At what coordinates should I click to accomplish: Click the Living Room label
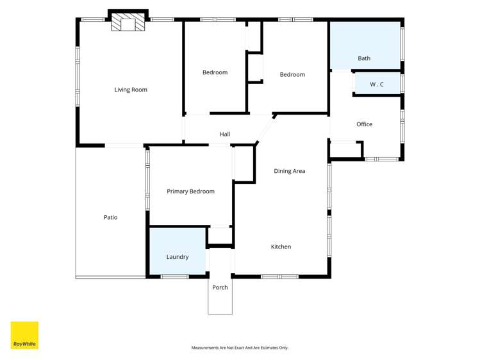pos(131,90)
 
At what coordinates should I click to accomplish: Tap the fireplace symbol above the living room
pos(129,24)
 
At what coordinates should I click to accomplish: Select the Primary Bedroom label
pos(190,192)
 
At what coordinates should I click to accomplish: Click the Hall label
pos(225,135)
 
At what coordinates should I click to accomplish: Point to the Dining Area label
pos(289,171)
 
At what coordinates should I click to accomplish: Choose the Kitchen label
pos(281,247)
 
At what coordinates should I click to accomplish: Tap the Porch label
pos(220,288)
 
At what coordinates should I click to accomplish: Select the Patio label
pos(111,218)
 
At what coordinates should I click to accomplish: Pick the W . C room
pos(377,84)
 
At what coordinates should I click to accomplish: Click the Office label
pos(364,124)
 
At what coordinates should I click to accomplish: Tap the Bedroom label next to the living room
pos(215,72)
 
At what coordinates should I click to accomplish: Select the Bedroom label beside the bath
pos(292,75)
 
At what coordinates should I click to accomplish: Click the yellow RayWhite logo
pos(24,335)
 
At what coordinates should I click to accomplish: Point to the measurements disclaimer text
pos(240,348)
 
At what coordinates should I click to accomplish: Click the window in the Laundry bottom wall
pos(174,277)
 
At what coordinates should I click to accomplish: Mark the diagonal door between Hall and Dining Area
pos(265,131)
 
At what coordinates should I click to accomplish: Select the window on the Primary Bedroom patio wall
pos(147,179)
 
